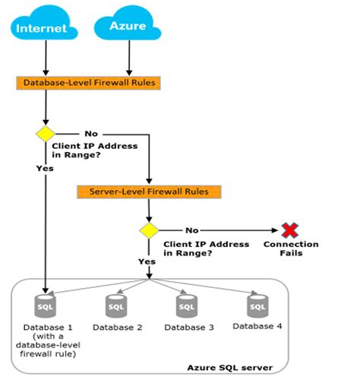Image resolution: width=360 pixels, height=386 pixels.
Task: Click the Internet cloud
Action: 46,26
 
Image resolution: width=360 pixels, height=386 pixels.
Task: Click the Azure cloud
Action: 128,26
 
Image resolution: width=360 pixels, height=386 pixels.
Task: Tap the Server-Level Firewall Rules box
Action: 148,191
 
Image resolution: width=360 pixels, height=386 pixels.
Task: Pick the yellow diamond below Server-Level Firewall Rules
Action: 147,229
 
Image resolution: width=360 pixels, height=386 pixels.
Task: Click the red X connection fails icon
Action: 289,229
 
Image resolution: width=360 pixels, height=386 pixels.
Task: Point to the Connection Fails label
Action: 290,248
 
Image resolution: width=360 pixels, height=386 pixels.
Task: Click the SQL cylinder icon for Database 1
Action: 46,306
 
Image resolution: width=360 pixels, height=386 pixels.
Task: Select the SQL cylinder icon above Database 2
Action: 116,306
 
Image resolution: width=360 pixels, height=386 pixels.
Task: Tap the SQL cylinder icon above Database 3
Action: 186,306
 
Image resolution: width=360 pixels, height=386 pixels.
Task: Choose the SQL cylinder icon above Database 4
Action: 257,306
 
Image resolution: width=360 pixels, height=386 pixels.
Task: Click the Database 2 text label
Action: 117,327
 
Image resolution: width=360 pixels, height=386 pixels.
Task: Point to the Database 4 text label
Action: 257,327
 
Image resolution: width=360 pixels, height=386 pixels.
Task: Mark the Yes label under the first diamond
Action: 45,168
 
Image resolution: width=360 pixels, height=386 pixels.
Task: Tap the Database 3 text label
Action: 188,327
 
